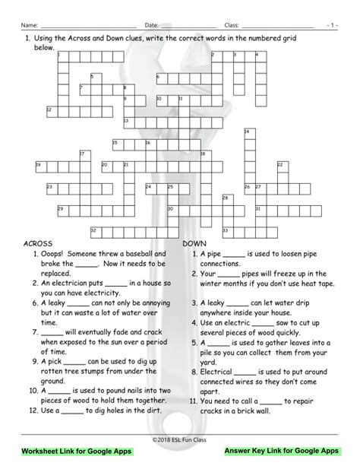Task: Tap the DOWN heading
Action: pyautogui.click(x=195, y=243)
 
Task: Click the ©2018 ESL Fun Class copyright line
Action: pyautogui.click(x=180, y=439)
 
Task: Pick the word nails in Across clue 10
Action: pyautogui.click(x=132, y=369)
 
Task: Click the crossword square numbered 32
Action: pyautogui.click(x=94, y=230)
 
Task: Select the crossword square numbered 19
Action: pyautogui.click(x=39, y=166)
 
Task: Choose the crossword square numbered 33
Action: pyautogui.click(x=226, y=230)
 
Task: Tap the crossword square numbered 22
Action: pyautogui.click(x=281, y=166)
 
